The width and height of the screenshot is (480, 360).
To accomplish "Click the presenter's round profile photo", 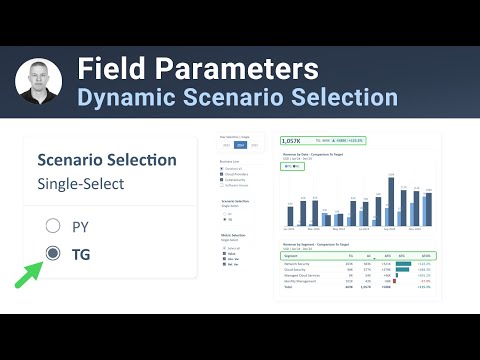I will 39,82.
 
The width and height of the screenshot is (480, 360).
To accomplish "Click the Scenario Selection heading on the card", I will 106,160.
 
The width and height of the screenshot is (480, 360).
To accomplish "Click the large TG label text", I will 81,254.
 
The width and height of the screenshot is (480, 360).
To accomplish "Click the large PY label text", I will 81,226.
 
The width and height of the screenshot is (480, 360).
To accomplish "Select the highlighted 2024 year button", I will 239,144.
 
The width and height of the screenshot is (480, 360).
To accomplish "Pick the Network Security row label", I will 296,264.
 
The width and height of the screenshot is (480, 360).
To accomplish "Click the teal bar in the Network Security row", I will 403,264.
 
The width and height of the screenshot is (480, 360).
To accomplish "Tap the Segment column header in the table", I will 289,256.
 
